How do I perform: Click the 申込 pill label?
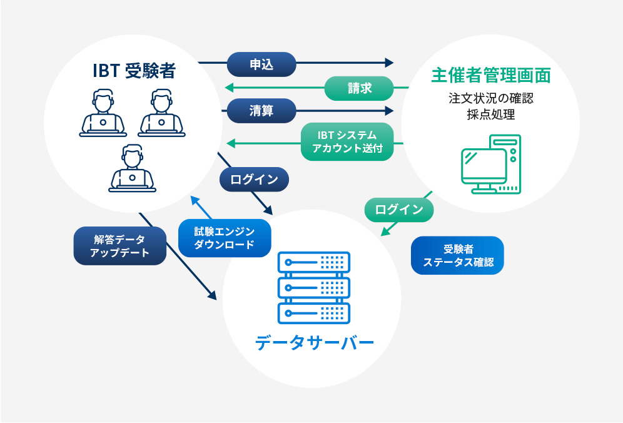point(261,64)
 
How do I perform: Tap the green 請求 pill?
point(359,88)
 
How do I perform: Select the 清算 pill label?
point(261,111)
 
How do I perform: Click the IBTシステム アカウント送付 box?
point(347,141)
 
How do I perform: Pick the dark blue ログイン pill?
point(255,180)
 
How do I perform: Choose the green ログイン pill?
point(399,210)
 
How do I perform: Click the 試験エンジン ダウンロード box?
point(225,238)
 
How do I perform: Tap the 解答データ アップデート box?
point(119,246)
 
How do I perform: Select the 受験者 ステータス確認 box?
point(457,255)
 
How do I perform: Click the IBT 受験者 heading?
point(134,71)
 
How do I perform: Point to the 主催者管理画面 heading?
point(490,75)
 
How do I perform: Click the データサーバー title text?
point(314,343)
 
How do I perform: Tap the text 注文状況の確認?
point(490,98)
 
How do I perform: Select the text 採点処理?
point(490,115)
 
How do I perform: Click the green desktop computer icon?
point(491,164)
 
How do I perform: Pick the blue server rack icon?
point(314,288)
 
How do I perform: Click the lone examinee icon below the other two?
point(133,168)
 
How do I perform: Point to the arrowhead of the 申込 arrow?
point(389,63)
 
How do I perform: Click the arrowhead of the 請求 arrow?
point(230,87)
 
